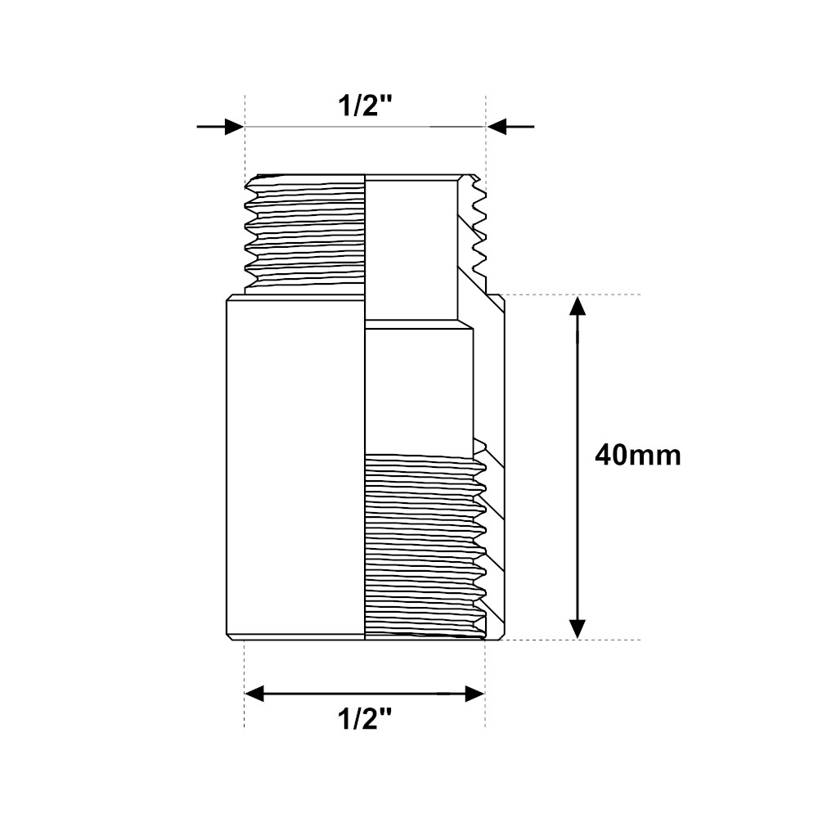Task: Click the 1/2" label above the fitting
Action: [x=365, y=106]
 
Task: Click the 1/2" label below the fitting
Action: [x=365, y=720]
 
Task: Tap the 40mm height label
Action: [x=637, y=456]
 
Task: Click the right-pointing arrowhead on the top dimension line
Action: [x=234, y=126]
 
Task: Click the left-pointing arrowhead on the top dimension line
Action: [x=497, y=126]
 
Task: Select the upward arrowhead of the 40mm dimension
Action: [x=577, y=306]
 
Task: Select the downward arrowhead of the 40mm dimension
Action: [x=577, y=628]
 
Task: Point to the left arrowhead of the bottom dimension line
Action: [x=254, y=694]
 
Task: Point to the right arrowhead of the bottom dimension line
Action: [x=475, y=694]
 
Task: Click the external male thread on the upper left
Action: [x=304, y=234]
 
